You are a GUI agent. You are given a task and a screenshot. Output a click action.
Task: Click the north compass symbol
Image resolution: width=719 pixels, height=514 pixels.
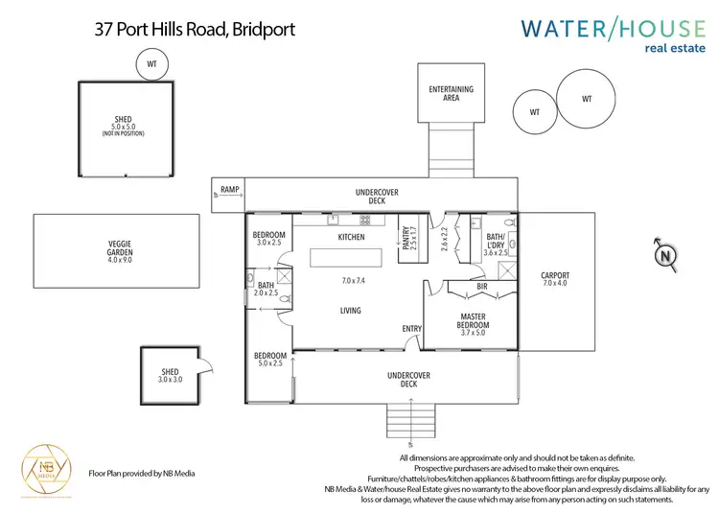(663, 256)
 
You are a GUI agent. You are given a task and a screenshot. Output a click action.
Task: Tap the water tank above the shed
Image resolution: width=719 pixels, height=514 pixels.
(151, 64)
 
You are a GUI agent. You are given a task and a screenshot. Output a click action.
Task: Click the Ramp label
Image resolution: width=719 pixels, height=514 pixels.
(229, 190)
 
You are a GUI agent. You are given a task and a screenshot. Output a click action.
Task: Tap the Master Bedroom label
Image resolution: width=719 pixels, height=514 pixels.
(473, 320)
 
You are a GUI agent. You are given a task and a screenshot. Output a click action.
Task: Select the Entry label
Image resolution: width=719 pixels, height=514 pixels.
(412, 329)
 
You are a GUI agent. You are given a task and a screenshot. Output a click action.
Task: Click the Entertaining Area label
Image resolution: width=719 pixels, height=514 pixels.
(451, 93)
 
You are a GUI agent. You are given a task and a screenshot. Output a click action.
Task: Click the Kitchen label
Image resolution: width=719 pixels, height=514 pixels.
(352, 236)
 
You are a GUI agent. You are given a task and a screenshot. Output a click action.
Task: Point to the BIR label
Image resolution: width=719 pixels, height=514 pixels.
(483, 286)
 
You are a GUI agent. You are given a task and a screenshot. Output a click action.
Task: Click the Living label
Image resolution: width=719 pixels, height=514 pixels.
(352, 310)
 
